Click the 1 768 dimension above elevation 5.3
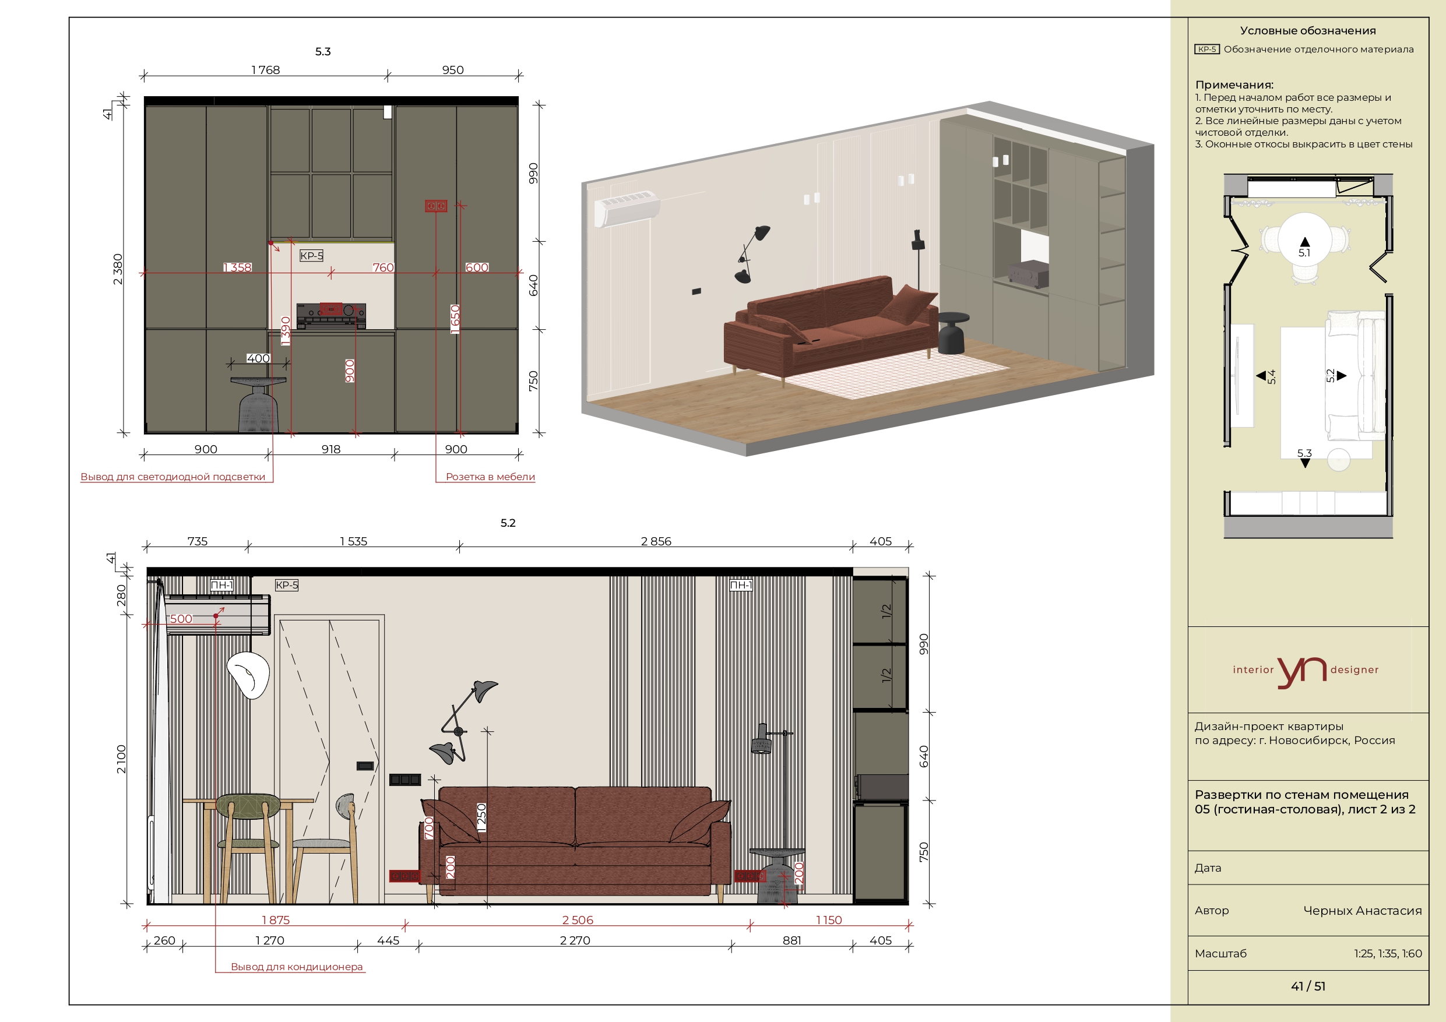tap(265, 70)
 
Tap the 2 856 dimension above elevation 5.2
tap(656, 541)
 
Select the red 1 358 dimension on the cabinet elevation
tap(237, 267)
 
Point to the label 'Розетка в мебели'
tap(490, 477)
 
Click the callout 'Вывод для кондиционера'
tap(297, 967)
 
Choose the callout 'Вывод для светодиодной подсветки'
tap(173, 477)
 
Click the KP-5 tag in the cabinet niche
tap(312, 256)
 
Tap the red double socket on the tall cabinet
tap(436, 206)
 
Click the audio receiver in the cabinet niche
tap(331, 315)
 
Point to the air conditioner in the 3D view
tap(627, 208)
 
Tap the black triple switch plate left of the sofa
tap(404, 780)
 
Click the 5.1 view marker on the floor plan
tap(1304, 248)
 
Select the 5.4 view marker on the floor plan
tap(1266, 376)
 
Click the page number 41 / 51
tap(1308, 986)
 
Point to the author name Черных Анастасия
tap(1362, 911)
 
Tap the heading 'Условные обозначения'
tap(1307, 31)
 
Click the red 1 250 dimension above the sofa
tap(482, 818)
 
